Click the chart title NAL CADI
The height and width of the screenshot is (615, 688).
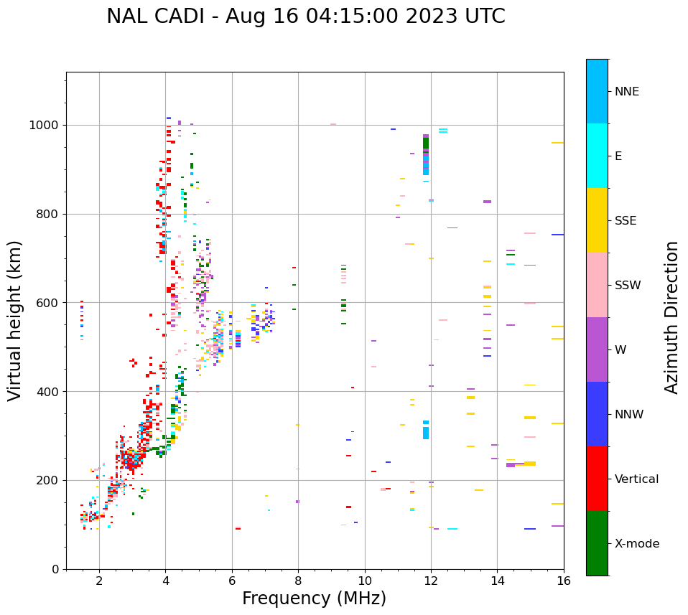[x=305, y=17]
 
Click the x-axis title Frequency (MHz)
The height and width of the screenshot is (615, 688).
[x=314, y=598]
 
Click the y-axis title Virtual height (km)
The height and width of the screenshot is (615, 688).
[x=15, y=320]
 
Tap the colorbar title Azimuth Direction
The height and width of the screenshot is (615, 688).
[x=671, y=316]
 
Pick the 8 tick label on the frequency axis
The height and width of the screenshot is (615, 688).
[x=298, y=581]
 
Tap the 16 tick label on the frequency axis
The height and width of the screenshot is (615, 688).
[x=564, y=581]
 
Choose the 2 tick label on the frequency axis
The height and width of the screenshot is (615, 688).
[x=99, y=581]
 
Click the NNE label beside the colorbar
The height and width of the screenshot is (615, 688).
[x=626, y=92]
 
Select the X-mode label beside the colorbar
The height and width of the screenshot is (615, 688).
[x=637, y=544]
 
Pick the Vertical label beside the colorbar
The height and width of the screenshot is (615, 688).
[x=636, y=479]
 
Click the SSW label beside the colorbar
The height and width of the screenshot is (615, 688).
[x=628, y=286]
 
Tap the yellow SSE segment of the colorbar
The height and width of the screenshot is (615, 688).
[x=597, y=220]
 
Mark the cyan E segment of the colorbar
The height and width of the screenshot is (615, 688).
[x=597, y=156]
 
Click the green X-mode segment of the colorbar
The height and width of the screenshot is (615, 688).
[x=597, y=543]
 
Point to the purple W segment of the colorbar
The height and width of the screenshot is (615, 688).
[x=597, y=349]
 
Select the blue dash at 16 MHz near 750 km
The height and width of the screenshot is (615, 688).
[x=557, y=235]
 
